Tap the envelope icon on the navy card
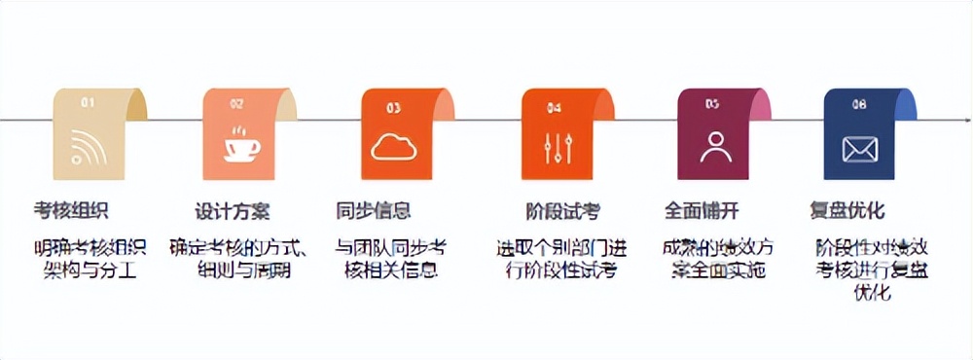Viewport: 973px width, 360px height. pyautogui.click(x=860, y=148)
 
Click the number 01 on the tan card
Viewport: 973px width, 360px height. pyautogui.click(x=88, y=102)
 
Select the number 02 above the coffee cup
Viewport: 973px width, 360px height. pyautogui.click(x=236, y=103)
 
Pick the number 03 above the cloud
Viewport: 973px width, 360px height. pyautogui.click(x=393, y=106)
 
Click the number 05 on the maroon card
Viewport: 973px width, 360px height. pyautogui.click(x=712, y=103)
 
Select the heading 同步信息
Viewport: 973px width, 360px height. pyautogui.click(x=374, y=210)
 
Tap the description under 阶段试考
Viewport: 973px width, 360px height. pyautogui.click(x=556, y=258)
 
